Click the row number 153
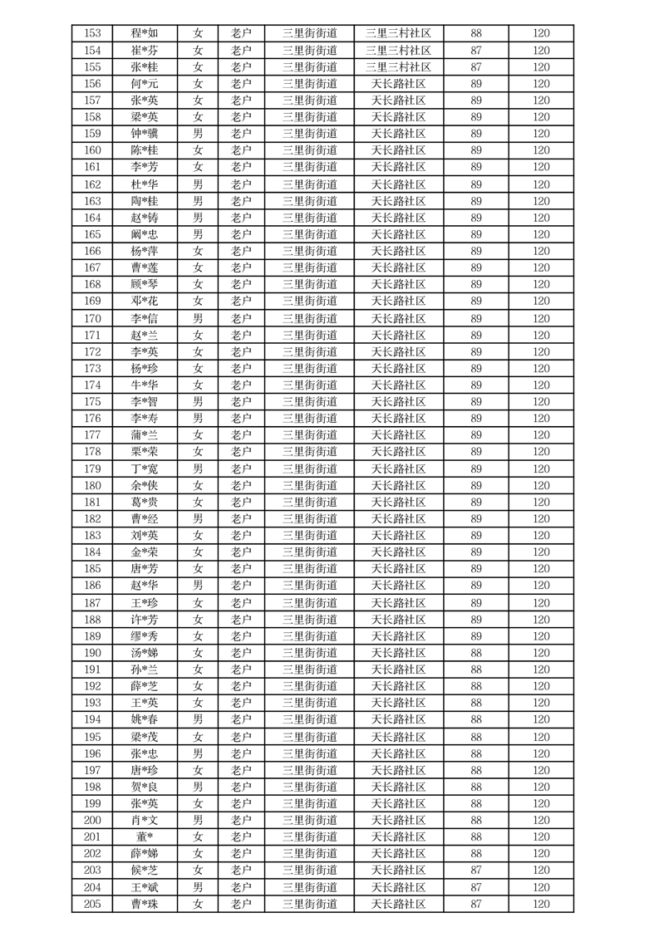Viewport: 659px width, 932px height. (92, 33)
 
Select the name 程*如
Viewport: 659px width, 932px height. (145, 33)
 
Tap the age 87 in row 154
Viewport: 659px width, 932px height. (476, 50)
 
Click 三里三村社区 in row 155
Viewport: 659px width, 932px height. (398, 66)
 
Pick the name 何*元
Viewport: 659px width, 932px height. (145, 83)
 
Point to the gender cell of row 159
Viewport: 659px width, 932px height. (198, 134)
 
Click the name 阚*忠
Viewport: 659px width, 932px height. (145, 234)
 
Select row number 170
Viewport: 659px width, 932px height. (92, 318)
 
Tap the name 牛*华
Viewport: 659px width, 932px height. (145, 385)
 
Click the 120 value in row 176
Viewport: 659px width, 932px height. (541, 418)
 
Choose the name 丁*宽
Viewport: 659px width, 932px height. (145, 468)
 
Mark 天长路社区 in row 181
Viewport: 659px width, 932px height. (398, 502)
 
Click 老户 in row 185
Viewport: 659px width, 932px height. (241, 569)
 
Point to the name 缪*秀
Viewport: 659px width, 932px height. (145, 636)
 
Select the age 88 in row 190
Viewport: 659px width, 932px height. (476, 653)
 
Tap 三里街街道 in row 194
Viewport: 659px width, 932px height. (309, 719)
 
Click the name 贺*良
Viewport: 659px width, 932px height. (145, 787)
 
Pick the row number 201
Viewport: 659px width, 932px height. (92, 836)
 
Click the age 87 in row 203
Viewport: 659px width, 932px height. (476, 870)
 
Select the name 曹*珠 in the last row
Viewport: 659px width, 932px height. (145, 904)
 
